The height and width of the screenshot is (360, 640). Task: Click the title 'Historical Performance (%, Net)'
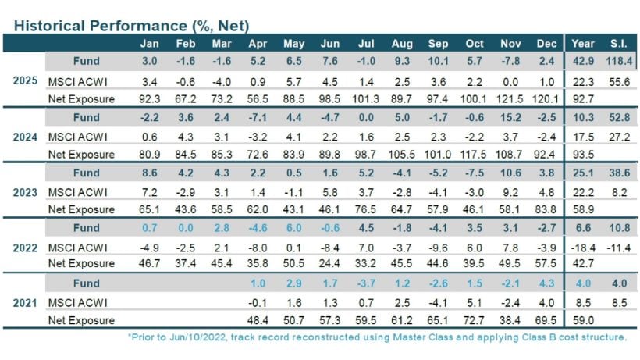click(x=131, y=26)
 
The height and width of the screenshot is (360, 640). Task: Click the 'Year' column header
click(x=584, y=44)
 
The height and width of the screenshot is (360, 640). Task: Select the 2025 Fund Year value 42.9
click(x=584, y=61)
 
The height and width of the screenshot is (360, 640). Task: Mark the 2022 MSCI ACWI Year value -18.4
click(x=584, y=247)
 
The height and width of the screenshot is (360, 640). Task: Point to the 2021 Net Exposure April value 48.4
click(x=257, y=320)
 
